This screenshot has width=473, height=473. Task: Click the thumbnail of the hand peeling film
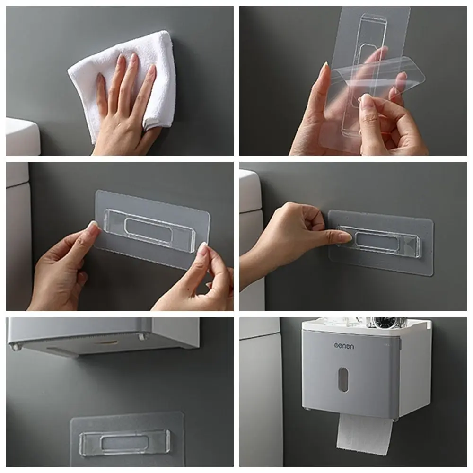coord(365,98)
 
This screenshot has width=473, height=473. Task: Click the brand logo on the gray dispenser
coord(344,346)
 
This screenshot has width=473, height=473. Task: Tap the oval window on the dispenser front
coord(343,379)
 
